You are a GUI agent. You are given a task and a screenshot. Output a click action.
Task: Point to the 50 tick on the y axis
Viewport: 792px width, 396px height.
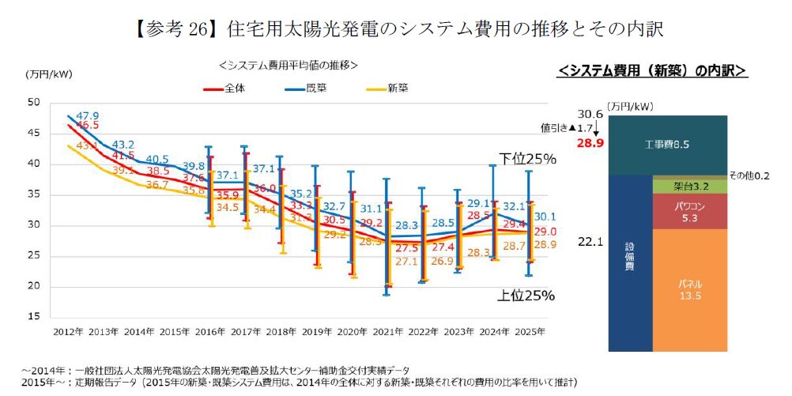(34, 103)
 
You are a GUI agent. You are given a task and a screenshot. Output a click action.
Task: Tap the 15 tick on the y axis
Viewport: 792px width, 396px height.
(34, 316)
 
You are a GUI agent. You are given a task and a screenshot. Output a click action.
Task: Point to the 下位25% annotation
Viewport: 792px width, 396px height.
(527, 159)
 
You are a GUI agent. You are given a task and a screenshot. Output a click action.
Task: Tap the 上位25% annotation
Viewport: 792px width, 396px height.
(527, 296)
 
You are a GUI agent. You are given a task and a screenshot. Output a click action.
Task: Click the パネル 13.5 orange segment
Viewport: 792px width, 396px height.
(690, 289)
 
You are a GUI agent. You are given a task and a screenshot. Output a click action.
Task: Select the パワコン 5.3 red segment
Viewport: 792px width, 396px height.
(690, 211)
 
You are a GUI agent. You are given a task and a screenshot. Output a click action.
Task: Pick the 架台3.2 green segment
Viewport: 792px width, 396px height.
(690, 187)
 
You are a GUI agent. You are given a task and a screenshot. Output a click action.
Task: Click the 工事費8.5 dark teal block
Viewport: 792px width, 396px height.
(668, 145)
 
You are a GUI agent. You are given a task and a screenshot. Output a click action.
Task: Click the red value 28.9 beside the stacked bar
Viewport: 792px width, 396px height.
(590, 143)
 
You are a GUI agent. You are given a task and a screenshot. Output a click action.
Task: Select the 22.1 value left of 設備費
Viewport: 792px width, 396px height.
(590, 242)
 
